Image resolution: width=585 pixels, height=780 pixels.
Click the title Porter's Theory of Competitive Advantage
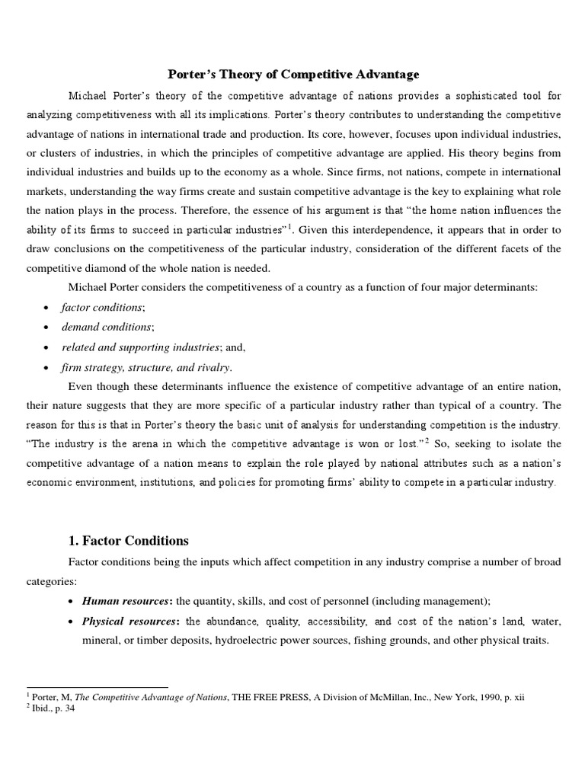[293, 75]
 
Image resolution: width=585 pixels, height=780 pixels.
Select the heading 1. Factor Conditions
[128, 541]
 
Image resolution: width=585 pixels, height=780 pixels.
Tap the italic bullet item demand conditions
[107, 327]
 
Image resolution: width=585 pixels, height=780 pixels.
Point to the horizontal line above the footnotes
[97, 686]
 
